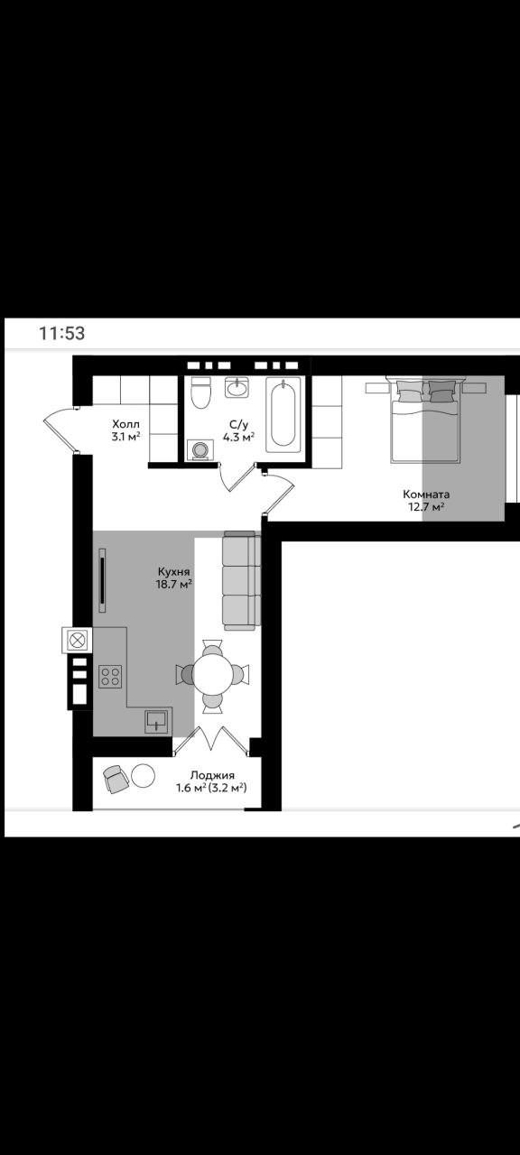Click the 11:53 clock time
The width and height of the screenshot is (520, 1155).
(x=62, y=333)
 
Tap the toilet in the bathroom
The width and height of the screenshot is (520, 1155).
(x=200, y=392)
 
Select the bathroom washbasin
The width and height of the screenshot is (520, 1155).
(x=237, y=387)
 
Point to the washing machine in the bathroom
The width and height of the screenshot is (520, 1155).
(x=200, y=449)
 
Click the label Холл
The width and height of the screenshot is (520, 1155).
(x=125, y=424)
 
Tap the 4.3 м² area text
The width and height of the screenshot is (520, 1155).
(x=239, y=438)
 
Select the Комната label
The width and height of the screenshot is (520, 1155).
(x=426, y=494)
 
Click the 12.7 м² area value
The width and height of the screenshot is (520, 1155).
(x=427, y=506)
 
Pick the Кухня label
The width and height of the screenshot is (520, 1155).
(x=174, y=572)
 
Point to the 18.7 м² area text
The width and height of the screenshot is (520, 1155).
(x=174, y=584)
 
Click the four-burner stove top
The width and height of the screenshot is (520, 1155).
(x=110, y=677)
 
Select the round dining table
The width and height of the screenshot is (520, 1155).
(x=213, y=674)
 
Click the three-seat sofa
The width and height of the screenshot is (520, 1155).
(x=242, y=580)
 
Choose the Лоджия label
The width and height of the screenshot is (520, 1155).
(x=212, y=775)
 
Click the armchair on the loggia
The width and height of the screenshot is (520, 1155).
(x=115, y=778)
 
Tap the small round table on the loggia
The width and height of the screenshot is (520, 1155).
(x=143, y=775)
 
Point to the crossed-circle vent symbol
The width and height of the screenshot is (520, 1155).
(x=78, y=641)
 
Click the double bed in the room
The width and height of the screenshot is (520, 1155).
(x=424, y=420)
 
